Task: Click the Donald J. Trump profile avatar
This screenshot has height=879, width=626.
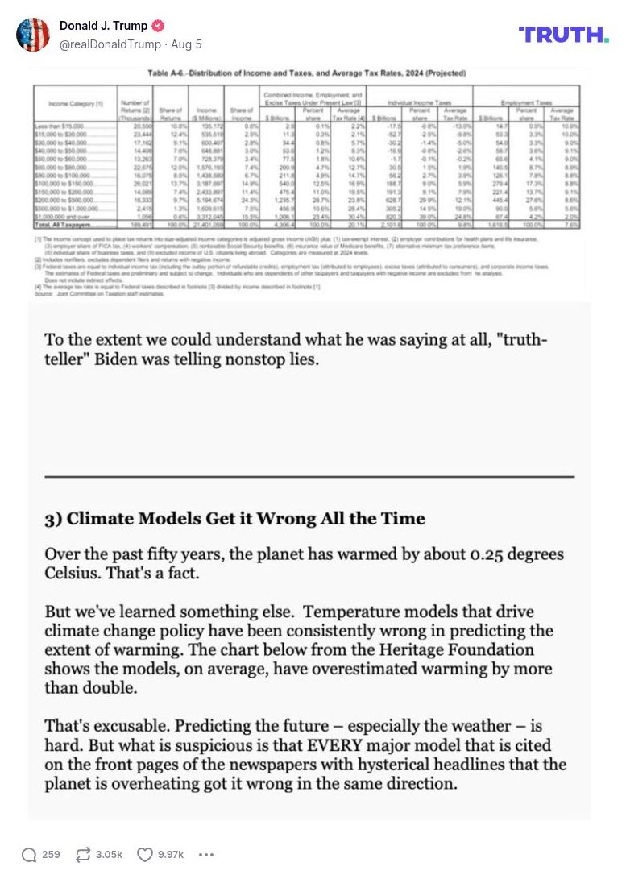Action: [x=33, y=35]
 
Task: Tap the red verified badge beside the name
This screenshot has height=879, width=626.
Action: [x=159, y=26]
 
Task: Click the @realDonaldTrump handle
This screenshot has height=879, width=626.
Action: [x=109, y=44]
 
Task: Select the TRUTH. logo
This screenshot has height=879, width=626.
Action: [x=563, y=35]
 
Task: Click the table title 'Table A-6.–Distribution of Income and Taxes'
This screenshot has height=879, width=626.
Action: [x=307, y=74]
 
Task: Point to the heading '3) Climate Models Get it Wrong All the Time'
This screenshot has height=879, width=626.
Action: [x=234, y=518]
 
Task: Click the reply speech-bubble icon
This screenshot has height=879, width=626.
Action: [x=29, y=854]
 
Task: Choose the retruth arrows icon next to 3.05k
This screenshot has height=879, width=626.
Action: [x=82, y=854]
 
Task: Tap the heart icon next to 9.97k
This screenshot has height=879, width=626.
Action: [x=144, y=854]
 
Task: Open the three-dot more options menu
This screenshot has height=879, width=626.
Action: [x=206, y=854]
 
